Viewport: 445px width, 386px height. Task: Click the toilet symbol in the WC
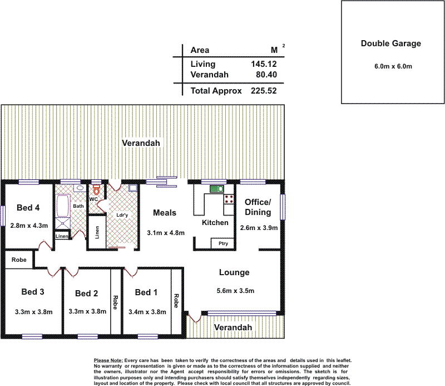[96, 189]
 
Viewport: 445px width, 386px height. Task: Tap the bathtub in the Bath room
[63, 206]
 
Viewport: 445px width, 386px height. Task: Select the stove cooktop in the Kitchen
[229, 199]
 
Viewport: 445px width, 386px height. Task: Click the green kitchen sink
[217, 189]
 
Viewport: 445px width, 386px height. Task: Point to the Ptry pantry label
[223, 243]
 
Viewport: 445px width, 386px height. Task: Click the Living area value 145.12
[264, 64]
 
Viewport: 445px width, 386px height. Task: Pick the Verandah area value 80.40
[266, 75]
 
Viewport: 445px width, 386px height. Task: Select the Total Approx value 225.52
[264, 91]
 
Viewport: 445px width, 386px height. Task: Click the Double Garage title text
[391, 43]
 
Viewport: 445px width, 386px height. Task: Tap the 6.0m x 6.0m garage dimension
[393, 66]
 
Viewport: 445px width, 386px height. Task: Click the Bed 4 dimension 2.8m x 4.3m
[29, 226]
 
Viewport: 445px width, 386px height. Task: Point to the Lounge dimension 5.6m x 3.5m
[235, 291]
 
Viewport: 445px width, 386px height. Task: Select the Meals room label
[165, 213]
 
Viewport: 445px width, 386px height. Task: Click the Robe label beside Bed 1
[176, 301]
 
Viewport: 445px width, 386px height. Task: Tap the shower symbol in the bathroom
[62, 223]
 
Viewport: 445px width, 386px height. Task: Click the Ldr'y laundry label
[122, 215]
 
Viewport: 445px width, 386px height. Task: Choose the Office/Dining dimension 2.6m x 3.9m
[259, 228]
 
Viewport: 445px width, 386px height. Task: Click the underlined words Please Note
[108, 360]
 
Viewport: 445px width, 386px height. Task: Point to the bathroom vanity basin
[80, 188]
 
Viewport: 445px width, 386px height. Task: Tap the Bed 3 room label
[33, 292]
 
